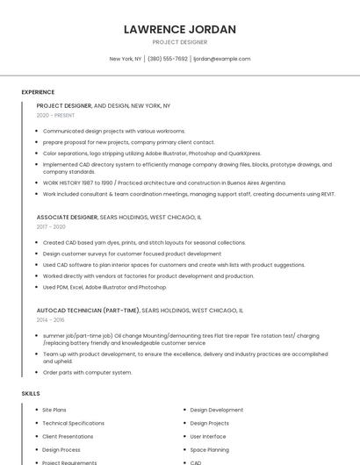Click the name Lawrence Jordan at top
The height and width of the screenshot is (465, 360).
pyautogui.click(x=180, y=29)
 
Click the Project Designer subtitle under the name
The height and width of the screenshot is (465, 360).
pyautogui.click(x=180, y=42)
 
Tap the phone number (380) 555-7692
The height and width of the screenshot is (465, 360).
pyautogui.click(x=168, y=59)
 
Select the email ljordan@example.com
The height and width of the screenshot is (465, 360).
pyautogui.click(x=221, y=59)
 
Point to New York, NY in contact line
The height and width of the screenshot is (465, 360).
pyautogui.click(x=126, y=59)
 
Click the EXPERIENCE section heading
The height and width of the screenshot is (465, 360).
pyautogui.click(x=38, y=92)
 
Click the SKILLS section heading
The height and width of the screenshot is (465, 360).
pyautogui.click(x=31, y=394)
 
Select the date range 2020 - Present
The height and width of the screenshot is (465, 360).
pyautogui.click(x=55, y=115)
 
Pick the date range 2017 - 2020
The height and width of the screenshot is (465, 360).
pyautogui.click(x=52, y=226)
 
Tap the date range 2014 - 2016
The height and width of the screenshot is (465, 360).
pyautogui.click(x=52, y=320)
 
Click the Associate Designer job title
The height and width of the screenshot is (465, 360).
pyautogui.click(x=67, y=217)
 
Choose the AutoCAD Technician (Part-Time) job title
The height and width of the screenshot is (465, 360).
pyautogui.click(x=88, y=311)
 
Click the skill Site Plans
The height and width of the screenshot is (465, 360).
pyautogui.click(x=54, y=410)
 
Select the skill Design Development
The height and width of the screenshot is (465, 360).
pyautogui.click(x=217, y=410)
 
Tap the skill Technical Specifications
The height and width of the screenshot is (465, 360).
pyautogui.click(x=74, y=423)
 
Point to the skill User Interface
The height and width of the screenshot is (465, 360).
pyautogui.click(x=208, y=436)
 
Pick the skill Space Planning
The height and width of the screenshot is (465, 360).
pyautogui.click(x=210, y=449)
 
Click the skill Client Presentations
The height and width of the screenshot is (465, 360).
pyautogui.click(x=68, y=436)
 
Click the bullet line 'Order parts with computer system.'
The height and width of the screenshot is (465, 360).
pyautogui.click(x=87, y=372)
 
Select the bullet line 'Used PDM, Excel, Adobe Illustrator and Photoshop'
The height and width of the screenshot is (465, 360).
pyautogui.click(x=104, y=287)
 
